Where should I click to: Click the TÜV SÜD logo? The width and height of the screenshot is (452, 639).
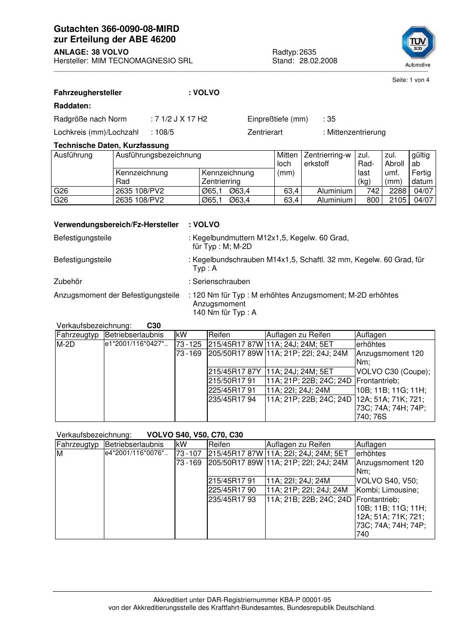(x=418, y=44)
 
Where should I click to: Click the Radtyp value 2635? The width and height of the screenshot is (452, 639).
(x=308, y=52)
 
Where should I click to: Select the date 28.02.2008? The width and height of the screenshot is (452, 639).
(x=318, y=61)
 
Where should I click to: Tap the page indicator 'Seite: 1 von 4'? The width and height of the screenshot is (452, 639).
(x=411, y=80)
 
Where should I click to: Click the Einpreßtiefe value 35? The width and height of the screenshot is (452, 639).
(x=331, y=119)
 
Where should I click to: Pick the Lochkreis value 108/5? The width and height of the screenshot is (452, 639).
(x=164, y=132)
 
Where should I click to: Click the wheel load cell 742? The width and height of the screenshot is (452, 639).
(x=373, y=191)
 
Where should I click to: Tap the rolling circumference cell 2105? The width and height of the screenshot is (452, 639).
(x=397, y=200)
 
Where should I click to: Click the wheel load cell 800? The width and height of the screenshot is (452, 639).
(x=373, y=200)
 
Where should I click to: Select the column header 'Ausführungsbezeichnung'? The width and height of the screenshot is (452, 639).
(x=158, y=155)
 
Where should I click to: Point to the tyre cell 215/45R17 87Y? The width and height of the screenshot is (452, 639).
(x=235, y=372)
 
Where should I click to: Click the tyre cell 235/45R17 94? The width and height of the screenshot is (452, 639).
(x=232, y=400)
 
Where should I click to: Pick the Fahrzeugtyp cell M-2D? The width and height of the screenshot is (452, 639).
(x=66, y=345)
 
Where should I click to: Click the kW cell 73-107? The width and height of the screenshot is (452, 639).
(x=189, y=454)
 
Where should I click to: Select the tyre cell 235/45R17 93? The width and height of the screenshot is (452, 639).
(x=232, y=500)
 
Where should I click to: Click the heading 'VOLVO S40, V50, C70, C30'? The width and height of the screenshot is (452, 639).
(x=195, y=435)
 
